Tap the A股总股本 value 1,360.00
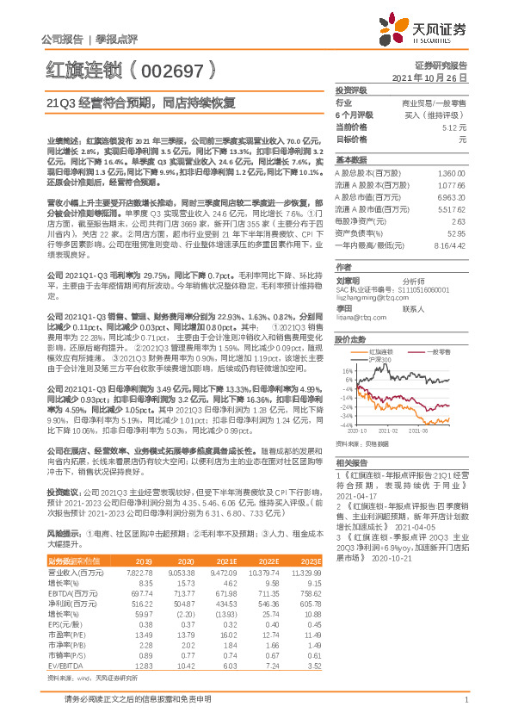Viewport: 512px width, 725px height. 451,173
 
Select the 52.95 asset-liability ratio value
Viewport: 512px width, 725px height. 456,232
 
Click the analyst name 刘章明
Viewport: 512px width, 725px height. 348,281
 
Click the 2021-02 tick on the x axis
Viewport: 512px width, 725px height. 392,430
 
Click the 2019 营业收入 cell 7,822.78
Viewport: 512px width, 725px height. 139,571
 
